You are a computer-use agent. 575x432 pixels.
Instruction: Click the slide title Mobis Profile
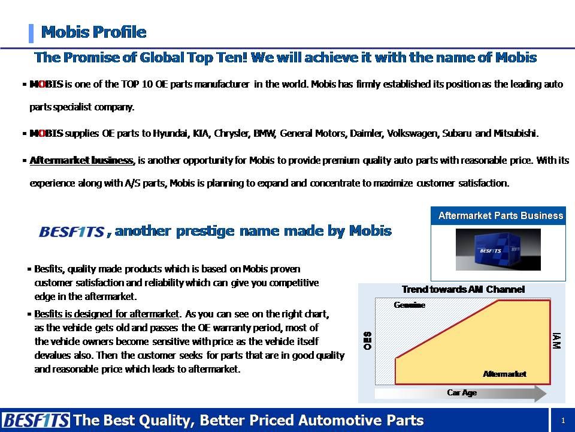click(x=93, y=32)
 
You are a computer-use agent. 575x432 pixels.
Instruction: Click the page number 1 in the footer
click(x=563, y=421)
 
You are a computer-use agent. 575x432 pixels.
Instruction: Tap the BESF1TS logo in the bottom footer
click(x=35, y=420)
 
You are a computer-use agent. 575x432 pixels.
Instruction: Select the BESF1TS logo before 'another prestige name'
click(x=71, y=232)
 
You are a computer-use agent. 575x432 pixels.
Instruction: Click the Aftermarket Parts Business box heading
click(x=500, y=215)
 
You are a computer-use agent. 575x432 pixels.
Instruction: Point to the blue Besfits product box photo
click(x=498, y=248)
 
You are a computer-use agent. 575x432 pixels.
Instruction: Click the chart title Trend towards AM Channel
click(x=462, y=289)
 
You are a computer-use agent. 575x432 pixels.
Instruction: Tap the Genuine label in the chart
click(x=409, y=305)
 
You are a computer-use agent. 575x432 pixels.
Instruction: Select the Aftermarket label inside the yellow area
click(x=504, y=374)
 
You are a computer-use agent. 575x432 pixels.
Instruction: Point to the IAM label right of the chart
click(x=557, y=342)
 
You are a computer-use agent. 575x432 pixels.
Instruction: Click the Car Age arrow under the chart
click(x=462, y=393)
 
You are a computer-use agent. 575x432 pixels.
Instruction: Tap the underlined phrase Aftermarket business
click(x=81, y=160)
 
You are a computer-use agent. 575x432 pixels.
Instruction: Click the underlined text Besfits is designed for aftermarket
click(x=107, y=314)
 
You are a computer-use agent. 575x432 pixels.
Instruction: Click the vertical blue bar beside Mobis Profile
click(x=31, y=32)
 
